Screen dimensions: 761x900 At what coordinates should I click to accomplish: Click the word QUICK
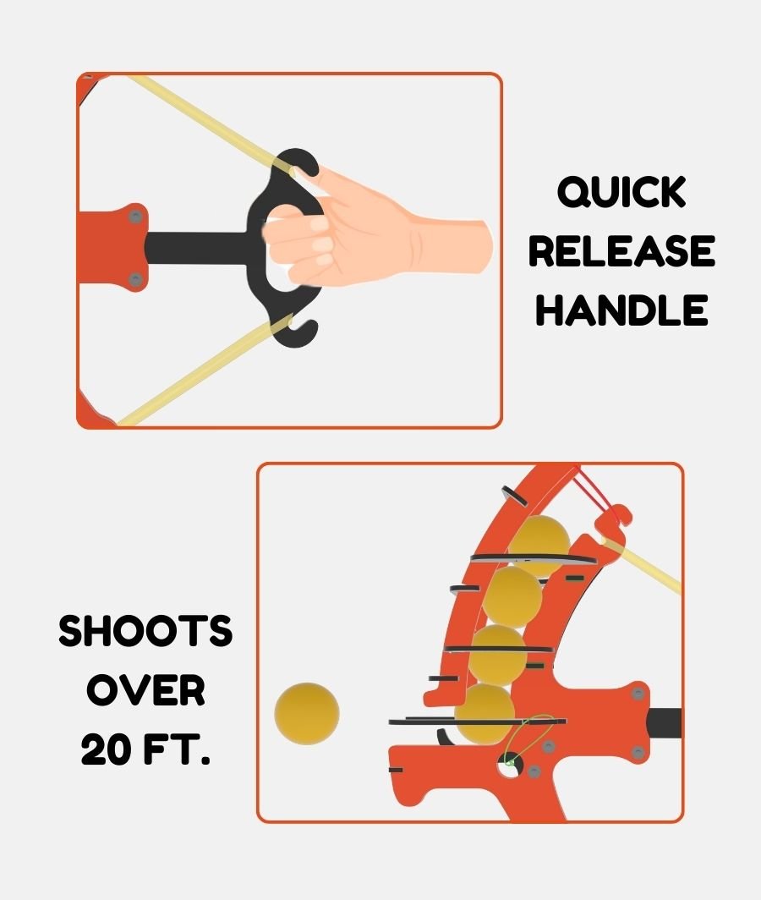(x=621, y=192)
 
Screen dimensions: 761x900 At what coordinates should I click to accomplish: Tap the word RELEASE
(x=621, y=251)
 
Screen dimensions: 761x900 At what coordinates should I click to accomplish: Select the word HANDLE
(x=621, y=310)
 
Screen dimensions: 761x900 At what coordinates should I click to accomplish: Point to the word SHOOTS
(x=145, y=631)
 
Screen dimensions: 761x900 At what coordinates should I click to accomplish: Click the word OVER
(x=145, y=690)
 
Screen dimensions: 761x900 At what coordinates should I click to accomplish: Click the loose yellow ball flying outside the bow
(x=306, y=713)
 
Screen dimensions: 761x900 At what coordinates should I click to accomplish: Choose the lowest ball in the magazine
(x=485, y=713)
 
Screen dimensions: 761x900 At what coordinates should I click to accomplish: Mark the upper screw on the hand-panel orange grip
(x=135, y=217)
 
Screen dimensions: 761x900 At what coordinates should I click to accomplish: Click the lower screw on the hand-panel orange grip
(x=135, y=279)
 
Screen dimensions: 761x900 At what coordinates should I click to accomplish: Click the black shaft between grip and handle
(x=198, y=248)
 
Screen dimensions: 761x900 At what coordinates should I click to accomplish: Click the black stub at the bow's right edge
(x=665, y=723)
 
